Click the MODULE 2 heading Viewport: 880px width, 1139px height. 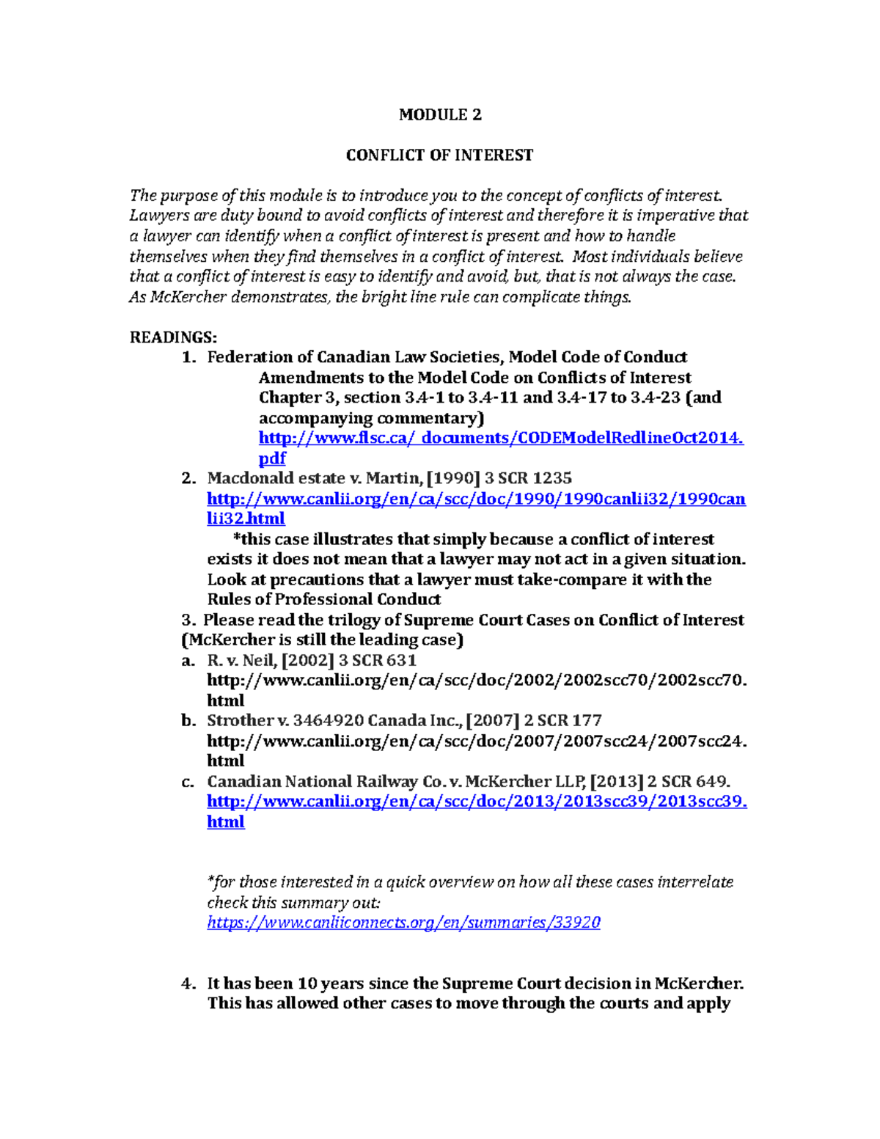pos(440,114)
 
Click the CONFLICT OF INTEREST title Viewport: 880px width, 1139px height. pos(439,155)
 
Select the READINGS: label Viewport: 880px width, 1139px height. pos(173,337)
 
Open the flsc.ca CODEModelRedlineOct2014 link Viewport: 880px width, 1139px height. pos(501,438)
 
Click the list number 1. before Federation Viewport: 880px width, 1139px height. pos(189,357)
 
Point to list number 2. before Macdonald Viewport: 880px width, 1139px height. pos(189,478)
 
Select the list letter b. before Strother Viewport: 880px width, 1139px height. pos(188,720)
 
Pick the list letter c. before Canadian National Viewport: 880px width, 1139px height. pos(188,781)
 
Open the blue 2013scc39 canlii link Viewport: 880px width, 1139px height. pos(477,802)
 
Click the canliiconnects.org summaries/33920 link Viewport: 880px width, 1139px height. pos(403,923)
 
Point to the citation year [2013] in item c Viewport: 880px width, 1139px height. pos(617,781)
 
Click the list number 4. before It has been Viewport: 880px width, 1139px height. pos(189,984)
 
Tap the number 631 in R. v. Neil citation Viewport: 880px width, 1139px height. pos(402,660)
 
